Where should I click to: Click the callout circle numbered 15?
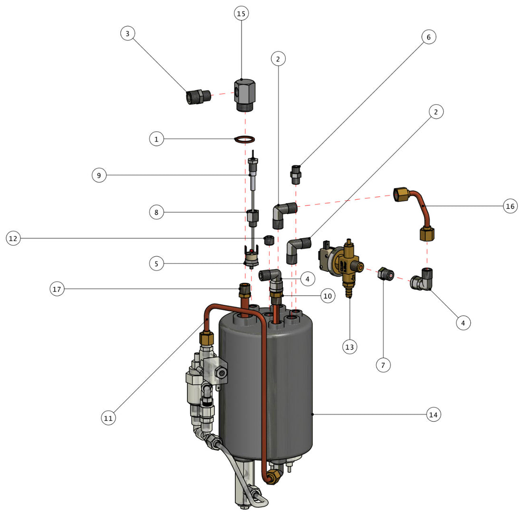tap(241, 13)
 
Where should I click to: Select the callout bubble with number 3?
tap(127, 34)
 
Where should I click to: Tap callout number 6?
tap(428, 37)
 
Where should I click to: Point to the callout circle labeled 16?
tap(510, 206)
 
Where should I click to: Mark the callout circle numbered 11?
tap(108, 418)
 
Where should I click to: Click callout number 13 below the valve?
tap(349, 347)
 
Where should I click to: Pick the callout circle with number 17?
tap(58, 289)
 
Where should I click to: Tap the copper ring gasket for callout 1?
tap(245, 139)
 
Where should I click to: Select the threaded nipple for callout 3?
tap(197, 97)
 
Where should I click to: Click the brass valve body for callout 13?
tap(349, 266)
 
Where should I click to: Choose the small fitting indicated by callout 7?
tap(384, 274)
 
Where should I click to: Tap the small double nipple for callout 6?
tap(295, 175)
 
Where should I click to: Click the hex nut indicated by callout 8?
tap(252, 217)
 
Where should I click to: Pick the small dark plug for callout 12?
tap(269, 239)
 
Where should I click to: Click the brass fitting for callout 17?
tap(243, 290)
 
